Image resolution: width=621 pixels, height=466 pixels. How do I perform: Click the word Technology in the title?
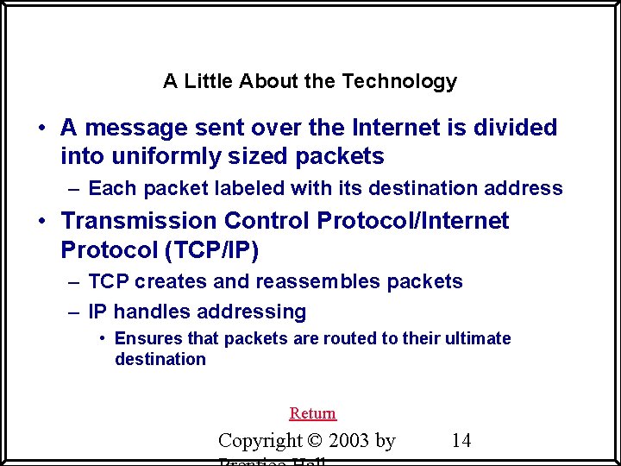(x=399, y=82)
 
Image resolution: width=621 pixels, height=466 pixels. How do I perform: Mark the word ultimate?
(x=478, y=338)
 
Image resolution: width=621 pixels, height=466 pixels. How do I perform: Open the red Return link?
(x=313, y=413)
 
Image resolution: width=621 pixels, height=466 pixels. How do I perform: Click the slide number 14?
(x=461, y=441)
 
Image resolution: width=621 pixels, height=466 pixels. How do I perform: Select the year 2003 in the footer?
(x=346, y=441)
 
